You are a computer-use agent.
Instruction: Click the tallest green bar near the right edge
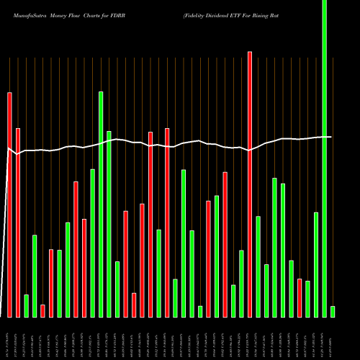point(324,158)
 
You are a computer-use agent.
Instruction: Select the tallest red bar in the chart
point(250,184)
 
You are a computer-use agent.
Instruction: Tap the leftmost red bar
point(10,204)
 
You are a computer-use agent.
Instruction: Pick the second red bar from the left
point(18,222)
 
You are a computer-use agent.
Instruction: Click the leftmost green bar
point(27,305)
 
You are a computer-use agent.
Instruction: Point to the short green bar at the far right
point(333,311)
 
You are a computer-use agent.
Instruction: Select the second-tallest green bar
point(101,204)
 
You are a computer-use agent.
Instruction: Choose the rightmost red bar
point(300,297)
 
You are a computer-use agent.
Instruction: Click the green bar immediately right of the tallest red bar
point(258,266)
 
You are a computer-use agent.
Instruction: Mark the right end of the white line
point(331,137)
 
